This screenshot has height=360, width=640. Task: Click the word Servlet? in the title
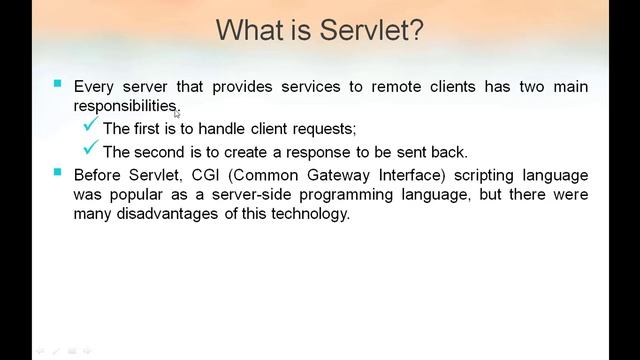click(372, 30)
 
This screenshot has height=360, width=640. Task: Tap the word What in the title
click(254, 30)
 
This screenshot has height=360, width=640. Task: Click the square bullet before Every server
click(58, 84)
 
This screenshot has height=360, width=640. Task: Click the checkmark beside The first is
click(90, 126)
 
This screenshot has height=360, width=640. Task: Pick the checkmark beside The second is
click(90, 150)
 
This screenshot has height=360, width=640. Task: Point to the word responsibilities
click(126, 106)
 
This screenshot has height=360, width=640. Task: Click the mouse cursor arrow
click(177, 113)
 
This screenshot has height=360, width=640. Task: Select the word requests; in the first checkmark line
click(320, 129)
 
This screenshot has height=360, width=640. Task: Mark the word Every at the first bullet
click(94, 87)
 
